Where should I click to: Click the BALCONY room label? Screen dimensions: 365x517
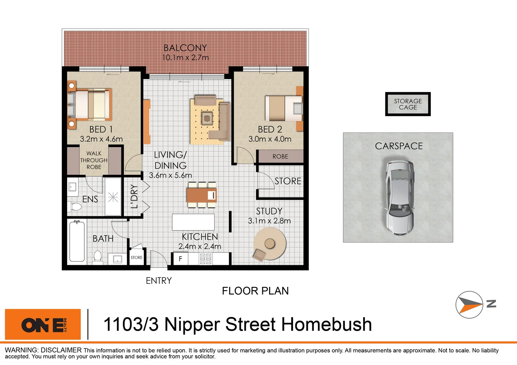pyautogui.click(x=185, y=48)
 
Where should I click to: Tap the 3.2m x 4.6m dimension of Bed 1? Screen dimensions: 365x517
pyautogui.click(x=101, y=139)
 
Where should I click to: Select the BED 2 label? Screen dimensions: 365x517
pyautogui.click(x=270, y=129)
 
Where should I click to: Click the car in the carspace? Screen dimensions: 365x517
pyautogui.click(x=400, y=198)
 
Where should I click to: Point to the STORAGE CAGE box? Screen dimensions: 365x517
pyautogui.click(x=408, y=104)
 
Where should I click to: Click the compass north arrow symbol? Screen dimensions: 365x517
pyautogui.click(x=469, y=305)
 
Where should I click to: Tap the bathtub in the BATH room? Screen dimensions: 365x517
pyautogui.click(x=77, y=241)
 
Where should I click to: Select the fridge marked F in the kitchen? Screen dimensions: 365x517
pyautogui.click(x=180, y=259)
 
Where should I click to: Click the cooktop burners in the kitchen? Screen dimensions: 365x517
pyautogui.click(x=206, y=259)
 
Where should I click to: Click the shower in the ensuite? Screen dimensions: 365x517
pyautogui.click(x=113, y=197)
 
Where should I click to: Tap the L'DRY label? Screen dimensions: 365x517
pyautogui.click(x=134, y=196)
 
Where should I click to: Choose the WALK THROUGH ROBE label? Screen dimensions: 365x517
pyautogui.click(x=94, y=160)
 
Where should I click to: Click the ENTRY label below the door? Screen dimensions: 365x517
pyautogui.click(x=159, y=281)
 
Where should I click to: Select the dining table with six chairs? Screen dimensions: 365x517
pyautogui.click(x=202, y=195)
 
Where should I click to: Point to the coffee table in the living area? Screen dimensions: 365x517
pyautogui.click(x=206, y=118)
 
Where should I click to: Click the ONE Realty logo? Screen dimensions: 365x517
pyautogui.click(x=43, y=324)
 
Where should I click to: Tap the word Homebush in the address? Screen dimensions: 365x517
pyautogui.click(x=327, y=324)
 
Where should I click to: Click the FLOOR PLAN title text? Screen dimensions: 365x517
pyautogui.click(x=255, y=291)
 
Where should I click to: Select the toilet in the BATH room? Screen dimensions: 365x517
pyautogui.click(x=98, y=257)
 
